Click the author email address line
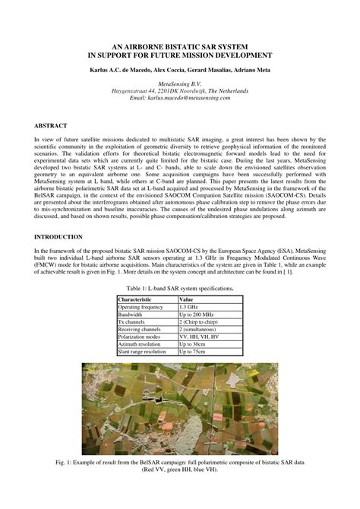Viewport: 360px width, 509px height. [x=179, y=99]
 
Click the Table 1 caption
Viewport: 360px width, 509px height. [x=179, y=289]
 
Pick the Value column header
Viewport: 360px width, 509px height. [x=186, y=300]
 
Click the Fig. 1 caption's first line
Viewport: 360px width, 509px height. [x=180, y=462]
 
